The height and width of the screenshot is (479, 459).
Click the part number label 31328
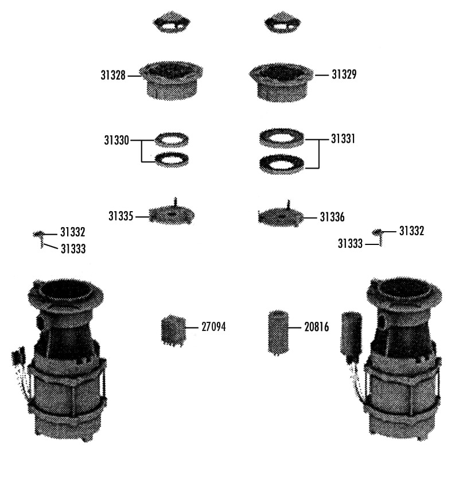(x=113, y=75)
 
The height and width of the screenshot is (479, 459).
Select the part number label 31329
(x=344, y=74)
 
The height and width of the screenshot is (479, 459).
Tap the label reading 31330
(x=116, y=141)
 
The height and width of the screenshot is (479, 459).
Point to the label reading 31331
(x=343, y=139)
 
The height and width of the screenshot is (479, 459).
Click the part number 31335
(x=120, y=216)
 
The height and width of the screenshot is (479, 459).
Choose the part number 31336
(x=332, y=217)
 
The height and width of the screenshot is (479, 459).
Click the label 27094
(x=213, y=327)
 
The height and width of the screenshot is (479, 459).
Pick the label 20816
(x=317, y=327)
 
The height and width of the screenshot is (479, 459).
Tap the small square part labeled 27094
(x=173, y=330)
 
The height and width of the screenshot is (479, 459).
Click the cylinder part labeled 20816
(x=278, y=333)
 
